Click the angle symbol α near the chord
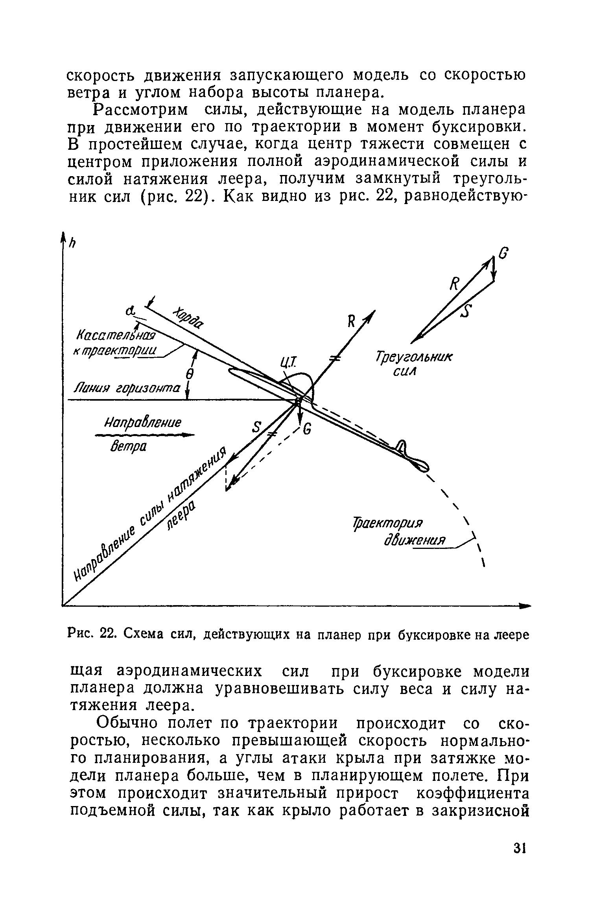point(130,311)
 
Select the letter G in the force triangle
point(503,254)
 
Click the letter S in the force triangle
point(467,311)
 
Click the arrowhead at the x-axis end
point(525,606)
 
